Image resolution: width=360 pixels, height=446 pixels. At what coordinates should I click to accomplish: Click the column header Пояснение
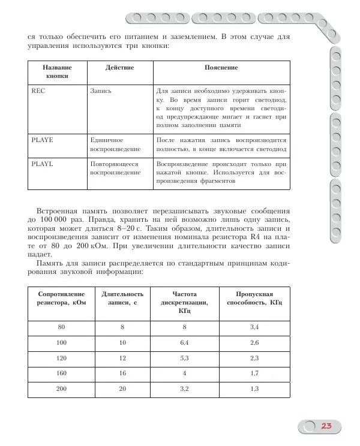pos(221,68)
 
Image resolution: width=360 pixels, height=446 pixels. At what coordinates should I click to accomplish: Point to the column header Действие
pos(120,68)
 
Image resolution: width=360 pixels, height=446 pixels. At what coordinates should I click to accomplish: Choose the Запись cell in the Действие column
pos(100,91)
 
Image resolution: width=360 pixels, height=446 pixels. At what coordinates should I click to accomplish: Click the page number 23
pos(326,426)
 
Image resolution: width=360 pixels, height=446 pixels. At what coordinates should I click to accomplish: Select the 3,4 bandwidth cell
pos(254,327)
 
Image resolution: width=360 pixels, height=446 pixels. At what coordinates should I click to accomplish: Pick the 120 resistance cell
pos(61,358)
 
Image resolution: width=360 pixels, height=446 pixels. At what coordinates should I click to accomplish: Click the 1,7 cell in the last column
pos(254,373)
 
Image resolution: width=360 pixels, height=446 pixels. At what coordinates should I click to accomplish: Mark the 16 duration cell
pos(122,373)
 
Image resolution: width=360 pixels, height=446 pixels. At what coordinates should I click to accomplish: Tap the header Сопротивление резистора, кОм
pos(61,299)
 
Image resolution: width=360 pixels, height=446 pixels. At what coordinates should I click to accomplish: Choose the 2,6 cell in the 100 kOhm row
pos(254,342)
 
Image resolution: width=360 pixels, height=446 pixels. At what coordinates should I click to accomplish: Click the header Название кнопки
pos(58,72)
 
